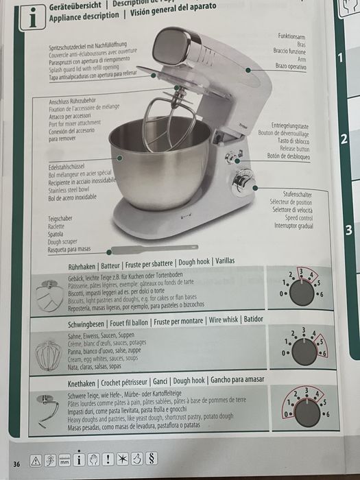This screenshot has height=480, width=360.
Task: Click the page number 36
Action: (x=16, y=464)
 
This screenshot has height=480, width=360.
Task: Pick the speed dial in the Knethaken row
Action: (x=307, y=411)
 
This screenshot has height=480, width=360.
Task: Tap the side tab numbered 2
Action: (x=344, y=139)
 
